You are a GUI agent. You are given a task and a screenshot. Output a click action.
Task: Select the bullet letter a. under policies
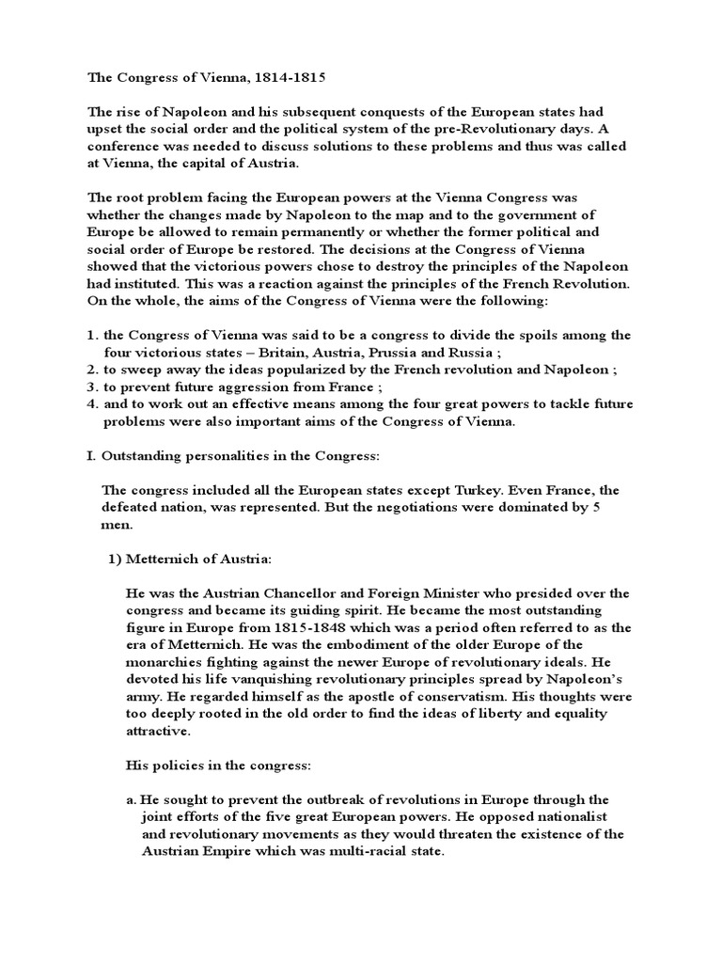131,800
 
